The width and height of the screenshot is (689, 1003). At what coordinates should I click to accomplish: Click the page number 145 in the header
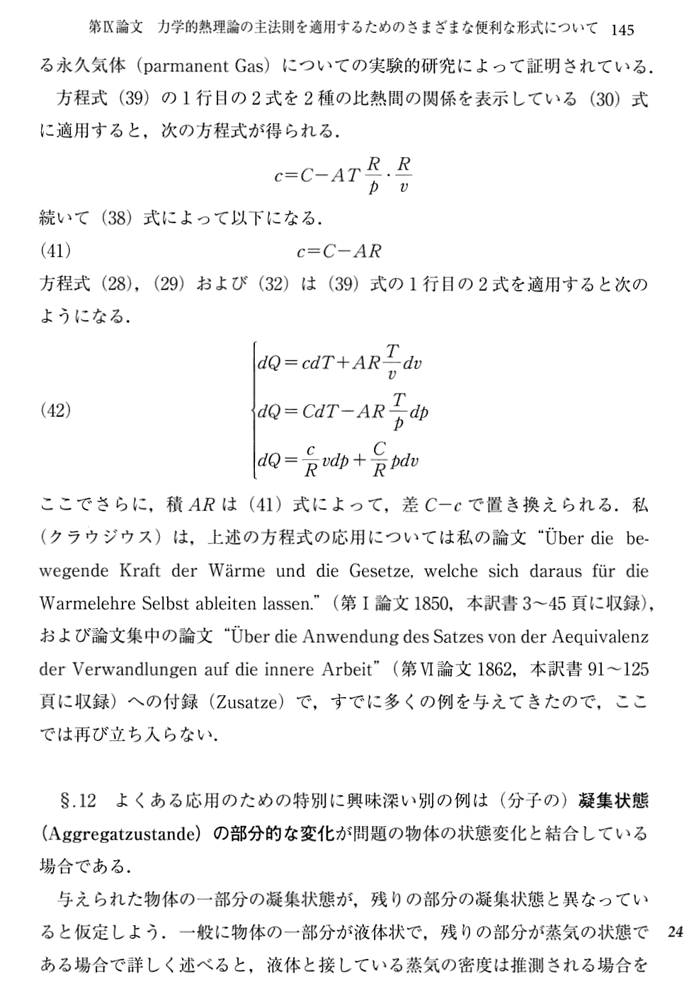[621, 29]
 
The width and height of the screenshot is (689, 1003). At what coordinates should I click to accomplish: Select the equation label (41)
[55, 251]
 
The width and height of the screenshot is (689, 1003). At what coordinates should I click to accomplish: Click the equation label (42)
[55, 410]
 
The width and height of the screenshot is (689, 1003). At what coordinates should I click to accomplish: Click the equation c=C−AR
[338, 251]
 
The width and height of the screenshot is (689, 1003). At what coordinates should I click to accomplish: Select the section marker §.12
[79, 801]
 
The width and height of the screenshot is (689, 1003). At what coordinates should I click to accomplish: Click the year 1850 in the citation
[432, 603]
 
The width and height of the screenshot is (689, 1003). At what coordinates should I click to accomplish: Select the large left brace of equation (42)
[253, 410]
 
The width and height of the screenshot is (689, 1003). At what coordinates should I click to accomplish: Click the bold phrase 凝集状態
[613, 801]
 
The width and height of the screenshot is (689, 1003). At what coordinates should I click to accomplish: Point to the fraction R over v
[404, 175]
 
